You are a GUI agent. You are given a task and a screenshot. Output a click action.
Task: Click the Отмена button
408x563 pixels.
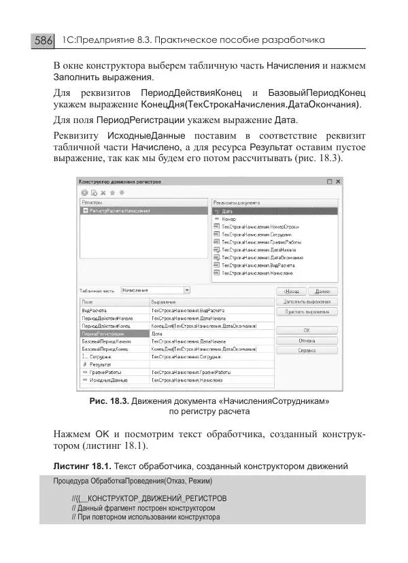tap(306, 341)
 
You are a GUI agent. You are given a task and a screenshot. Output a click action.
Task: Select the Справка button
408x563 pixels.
tap(306, 351)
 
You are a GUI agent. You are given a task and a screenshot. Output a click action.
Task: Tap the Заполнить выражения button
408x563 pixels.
tap(306, 301)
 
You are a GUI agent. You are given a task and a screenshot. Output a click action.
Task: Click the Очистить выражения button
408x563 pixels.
tap(306, 311)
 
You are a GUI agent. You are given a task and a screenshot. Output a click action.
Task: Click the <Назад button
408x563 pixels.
tap(291, 290)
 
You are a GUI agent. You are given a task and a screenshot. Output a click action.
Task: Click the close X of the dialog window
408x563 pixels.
tap(339, 182)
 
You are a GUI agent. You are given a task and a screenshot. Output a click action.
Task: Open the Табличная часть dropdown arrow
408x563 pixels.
tap(187, 290)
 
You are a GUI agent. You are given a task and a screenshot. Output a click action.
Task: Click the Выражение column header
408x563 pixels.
tap(163, 301)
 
